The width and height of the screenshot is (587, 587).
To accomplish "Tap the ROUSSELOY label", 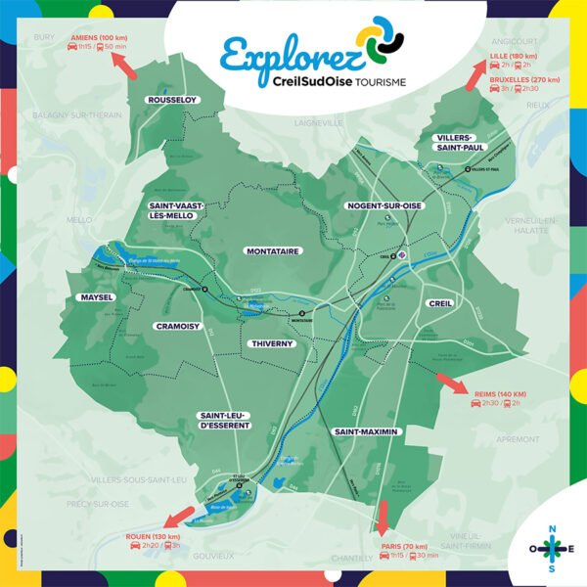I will click(171, 100).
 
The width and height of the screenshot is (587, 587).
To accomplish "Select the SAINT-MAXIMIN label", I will click(366, 430).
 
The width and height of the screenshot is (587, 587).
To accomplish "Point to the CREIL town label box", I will click(440, 303).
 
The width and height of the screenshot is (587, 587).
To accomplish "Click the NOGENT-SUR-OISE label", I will click(384, 206).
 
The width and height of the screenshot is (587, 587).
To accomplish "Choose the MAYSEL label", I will click(98, 296).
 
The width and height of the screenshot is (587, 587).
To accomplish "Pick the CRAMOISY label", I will click(177, 326).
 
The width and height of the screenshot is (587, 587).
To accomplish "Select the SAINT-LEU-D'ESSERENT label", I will click(225, 420).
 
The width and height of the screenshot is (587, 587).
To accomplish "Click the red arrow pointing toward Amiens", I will click(123, 64).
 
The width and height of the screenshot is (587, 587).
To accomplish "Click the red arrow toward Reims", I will click(451, 381).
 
